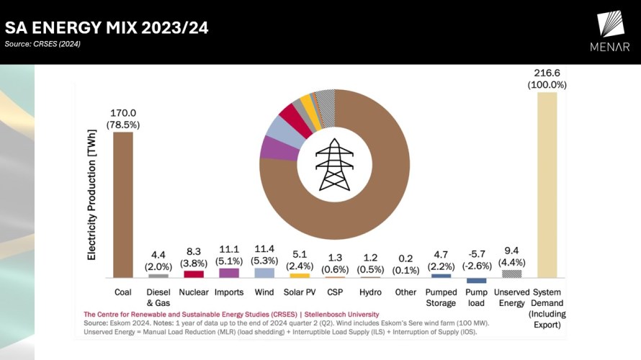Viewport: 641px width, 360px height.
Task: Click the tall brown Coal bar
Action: [x=123, y=204]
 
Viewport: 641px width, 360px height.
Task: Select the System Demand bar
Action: [x=547, y=184]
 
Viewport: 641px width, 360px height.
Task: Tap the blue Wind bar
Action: [x=264, y=273]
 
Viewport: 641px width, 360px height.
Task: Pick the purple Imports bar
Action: [x=229, y=273]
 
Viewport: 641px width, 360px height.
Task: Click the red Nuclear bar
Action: [x=194, y=274]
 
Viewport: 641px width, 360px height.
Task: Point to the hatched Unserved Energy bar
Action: [x=511, y=274]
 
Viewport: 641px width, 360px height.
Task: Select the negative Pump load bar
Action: [x=476, y=281]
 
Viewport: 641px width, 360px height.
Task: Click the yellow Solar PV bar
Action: [x=300, y=275]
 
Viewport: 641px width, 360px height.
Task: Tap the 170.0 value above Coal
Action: [x=123, y=113]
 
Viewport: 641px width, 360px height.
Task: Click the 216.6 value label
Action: [x=547, y=73]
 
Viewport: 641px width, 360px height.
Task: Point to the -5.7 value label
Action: [x=476, y=253]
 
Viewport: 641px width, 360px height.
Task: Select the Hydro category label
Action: [x=370, y=292]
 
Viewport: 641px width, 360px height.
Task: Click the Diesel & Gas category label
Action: [x=158, y=297]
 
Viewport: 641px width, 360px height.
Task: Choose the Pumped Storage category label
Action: [x=441, y=297]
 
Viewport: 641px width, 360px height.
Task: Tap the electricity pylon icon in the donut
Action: [x=335, y=164]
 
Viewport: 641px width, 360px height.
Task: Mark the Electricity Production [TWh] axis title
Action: [x=92, y=210]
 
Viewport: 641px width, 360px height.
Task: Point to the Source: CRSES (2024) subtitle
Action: [x=42, y=45]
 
